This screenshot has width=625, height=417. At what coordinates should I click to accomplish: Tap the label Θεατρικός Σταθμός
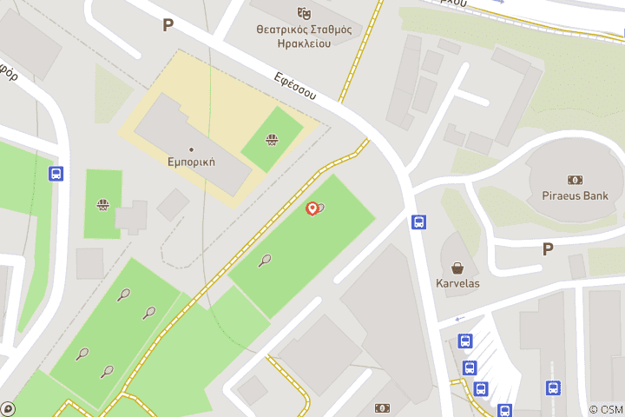point(304,29)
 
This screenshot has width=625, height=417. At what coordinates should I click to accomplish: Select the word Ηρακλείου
point(304,43)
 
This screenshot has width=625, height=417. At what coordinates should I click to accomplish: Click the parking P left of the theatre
point(168,25)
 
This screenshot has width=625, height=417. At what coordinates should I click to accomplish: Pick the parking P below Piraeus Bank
point(548,249)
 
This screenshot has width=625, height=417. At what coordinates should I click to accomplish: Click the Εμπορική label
point(191,162)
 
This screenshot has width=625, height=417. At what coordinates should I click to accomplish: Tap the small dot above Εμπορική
point(191,149)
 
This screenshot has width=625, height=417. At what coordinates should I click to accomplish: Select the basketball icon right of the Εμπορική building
point(272,138)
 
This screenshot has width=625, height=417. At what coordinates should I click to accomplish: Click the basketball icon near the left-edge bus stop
point(103,205)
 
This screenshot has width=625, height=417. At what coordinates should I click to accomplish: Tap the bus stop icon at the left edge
point(56,174)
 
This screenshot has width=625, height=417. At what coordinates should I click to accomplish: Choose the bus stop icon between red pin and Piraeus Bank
point(418,222)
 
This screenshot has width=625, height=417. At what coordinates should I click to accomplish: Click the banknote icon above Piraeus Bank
point(575,180)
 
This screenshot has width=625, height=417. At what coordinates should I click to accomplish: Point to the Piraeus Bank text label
point(575,195)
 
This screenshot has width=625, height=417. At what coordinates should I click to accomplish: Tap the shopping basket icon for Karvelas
point(457,268)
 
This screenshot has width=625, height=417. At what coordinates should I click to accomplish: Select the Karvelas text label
point(457,283)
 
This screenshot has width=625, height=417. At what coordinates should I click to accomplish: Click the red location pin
point(312,208)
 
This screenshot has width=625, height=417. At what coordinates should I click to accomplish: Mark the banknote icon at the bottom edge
point(382,408)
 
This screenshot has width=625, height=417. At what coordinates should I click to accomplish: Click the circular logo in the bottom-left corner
point(8,408)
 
